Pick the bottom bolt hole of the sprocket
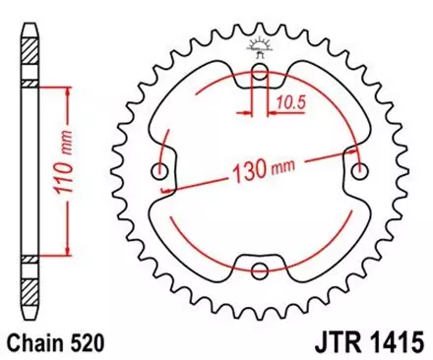pyautogui.click(x=259, y=270)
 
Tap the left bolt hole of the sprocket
pyautogui.click(x=160, y=173)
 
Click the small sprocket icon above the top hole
pyautogui.click(x=259, y=43)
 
